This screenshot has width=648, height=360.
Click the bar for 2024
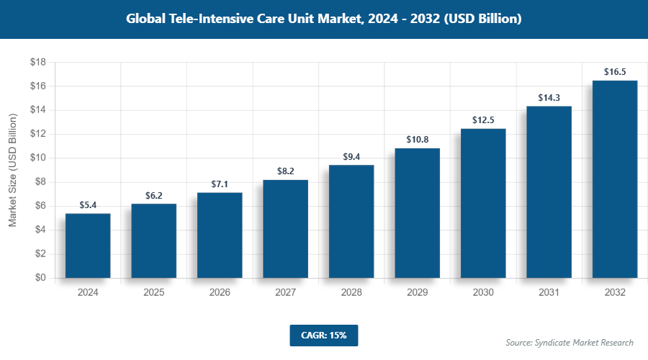(x=88, y=246)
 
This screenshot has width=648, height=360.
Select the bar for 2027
(x=285, y=229)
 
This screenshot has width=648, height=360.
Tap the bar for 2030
(x=483, y=203)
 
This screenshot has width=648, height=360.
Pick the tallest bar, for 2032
(x=614, y=179)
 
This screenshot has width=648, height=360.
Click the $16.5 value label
(x=614, y=72)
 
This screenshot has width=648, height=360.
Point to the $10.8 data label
(x=417, y=140)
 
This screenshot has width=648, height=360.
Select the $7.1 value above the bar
(x=220, y=184)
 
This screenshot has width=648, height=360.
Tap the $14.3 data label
(x=549, y=98)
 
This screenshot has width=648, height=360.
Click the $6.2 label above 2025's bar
(x=153, y=195)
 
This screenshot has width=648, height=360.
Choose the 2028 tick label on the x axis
(x=351, y=293)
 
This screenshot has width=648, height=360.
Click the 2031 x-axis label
(x=549, y=293)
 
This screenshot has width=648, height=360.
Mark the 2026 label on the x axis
(x=220, y=293)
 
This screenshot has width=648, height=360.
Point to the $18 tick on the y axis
(x=38, y=63)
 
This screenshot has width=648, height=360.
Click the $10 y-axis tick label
(x=38, y=158)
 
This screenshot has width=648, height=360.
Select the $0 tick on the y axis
(x=40, y=278)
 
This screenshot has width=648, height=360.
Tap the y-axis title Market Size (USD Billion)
(x=12, y=171)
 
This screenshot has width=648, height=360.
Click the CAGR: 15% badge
(x=323, y=336)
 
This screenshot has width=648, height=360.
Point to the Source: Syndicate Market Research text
(x=569, y=342)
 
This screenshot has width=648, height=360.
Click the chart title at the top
(x=323, y=19)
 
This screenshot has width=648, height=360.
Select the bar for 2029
(x=417, y=213)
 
